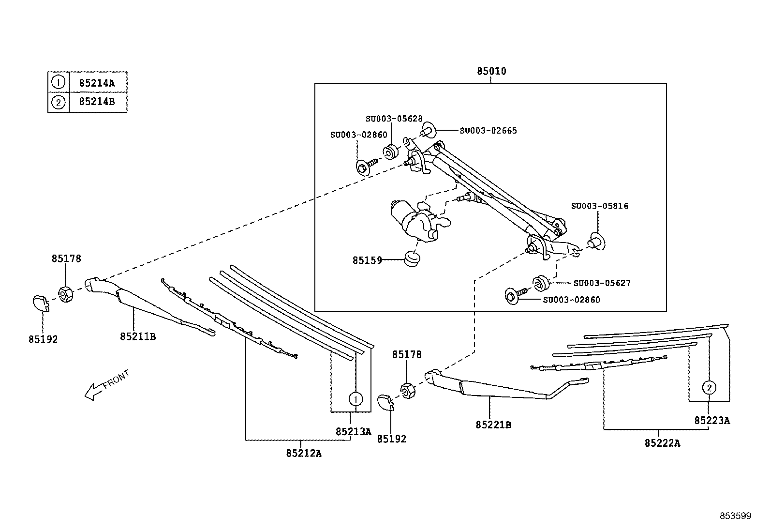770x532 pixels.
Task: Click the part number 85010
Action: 491,71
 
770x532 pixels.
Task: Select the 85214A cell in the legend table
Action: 98,82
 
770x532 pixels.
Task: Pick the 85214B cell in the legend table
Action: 98,102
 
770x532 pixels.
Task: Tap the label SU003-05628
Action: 394,119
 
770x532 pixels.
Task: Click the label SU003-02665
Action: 488,130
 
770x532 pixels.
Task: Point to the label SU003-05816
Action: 599,206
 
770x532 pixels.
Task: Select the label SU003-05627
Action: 602,283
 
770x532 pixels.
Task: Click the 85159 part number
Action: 367,260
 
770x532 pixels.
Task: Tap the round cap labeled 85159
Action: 412,259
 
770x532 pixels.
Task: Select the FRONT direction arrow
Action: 106,385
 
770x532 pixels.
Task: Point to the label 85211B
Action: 138,336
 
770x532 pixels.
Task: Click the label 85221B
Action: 493,425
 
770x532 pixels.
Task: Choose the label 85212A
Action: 304,453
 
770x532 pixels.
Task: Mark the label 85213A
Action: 354,431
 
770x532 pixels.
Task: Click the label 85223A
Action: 712,420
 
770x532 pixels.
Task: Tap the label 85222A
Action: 662,443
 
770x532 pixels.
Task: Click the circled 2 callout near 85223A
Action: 709,388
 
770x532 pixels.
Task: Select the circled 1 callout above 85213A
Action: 355,399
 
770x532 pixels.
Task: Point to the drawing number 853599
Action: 736,516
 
